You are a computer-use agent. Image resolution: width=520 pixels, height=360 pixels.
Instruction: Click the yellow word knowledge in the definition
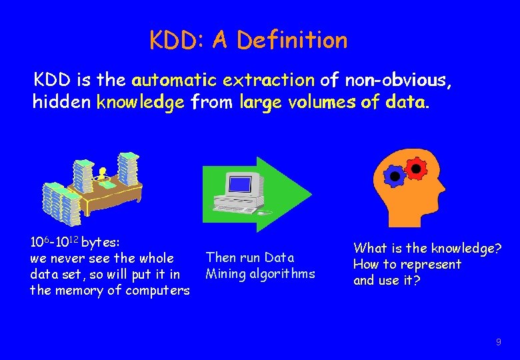coord(140,103)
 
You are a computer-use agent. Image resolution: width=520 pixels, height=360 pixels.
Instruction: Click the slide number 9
coord(498,343)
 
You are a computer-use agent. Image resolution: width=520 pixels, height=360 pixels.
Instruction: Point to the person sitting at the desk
coord(102,175)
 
